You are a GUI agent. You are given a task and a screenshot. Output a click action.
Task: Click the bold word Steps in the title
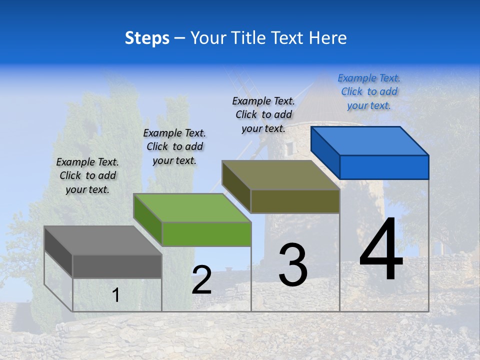click(x=147, y=38)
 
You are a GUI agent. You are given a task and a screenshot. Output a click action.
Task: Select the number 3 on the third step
click(x=293, y=265)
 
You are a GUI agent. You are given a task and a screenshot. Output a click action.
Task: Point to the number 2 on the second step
click(x=201, y=280)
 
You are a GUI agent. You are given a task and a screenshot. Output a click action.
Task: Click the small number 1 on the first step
click(x=116, y=295)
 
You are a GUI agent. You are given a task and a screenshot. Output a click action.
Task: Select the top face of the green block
click(x=192, y=207)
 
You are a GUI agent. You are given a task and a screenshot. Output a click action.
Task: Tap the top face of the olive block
click(x=281, y=175)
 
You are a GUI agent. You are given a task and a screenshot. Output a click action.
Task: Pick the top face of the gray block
click(x=103, y=240)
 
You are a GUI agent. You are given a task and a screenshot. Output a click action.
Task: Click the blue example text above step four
click(x=369, y=91)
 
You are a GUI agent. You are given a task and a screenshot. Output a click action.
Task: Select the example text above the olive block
click(x=263, y=114)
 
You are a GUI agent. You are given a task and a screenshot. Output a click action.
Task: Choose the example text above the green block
click(x=174, y=146)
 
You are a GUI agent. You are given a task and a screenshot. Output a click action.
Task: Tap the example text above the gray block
click(x=87, y=175)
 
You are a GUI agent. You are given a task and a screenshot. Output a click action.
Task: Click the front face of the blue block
click(x=384, y=167)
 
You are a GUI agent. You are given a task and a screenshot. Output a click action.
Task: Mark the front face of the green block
click(x=206, y=234)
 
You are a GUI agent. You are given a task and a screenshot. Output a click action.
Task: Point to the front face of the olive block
click(x=295, y=201)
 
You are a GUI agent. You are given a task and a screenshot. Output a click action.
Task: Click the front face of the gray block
click(x=117, y=266)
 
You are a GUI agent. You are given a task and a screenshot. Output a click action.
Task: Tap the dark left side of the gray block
click(x=58, y=251)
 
